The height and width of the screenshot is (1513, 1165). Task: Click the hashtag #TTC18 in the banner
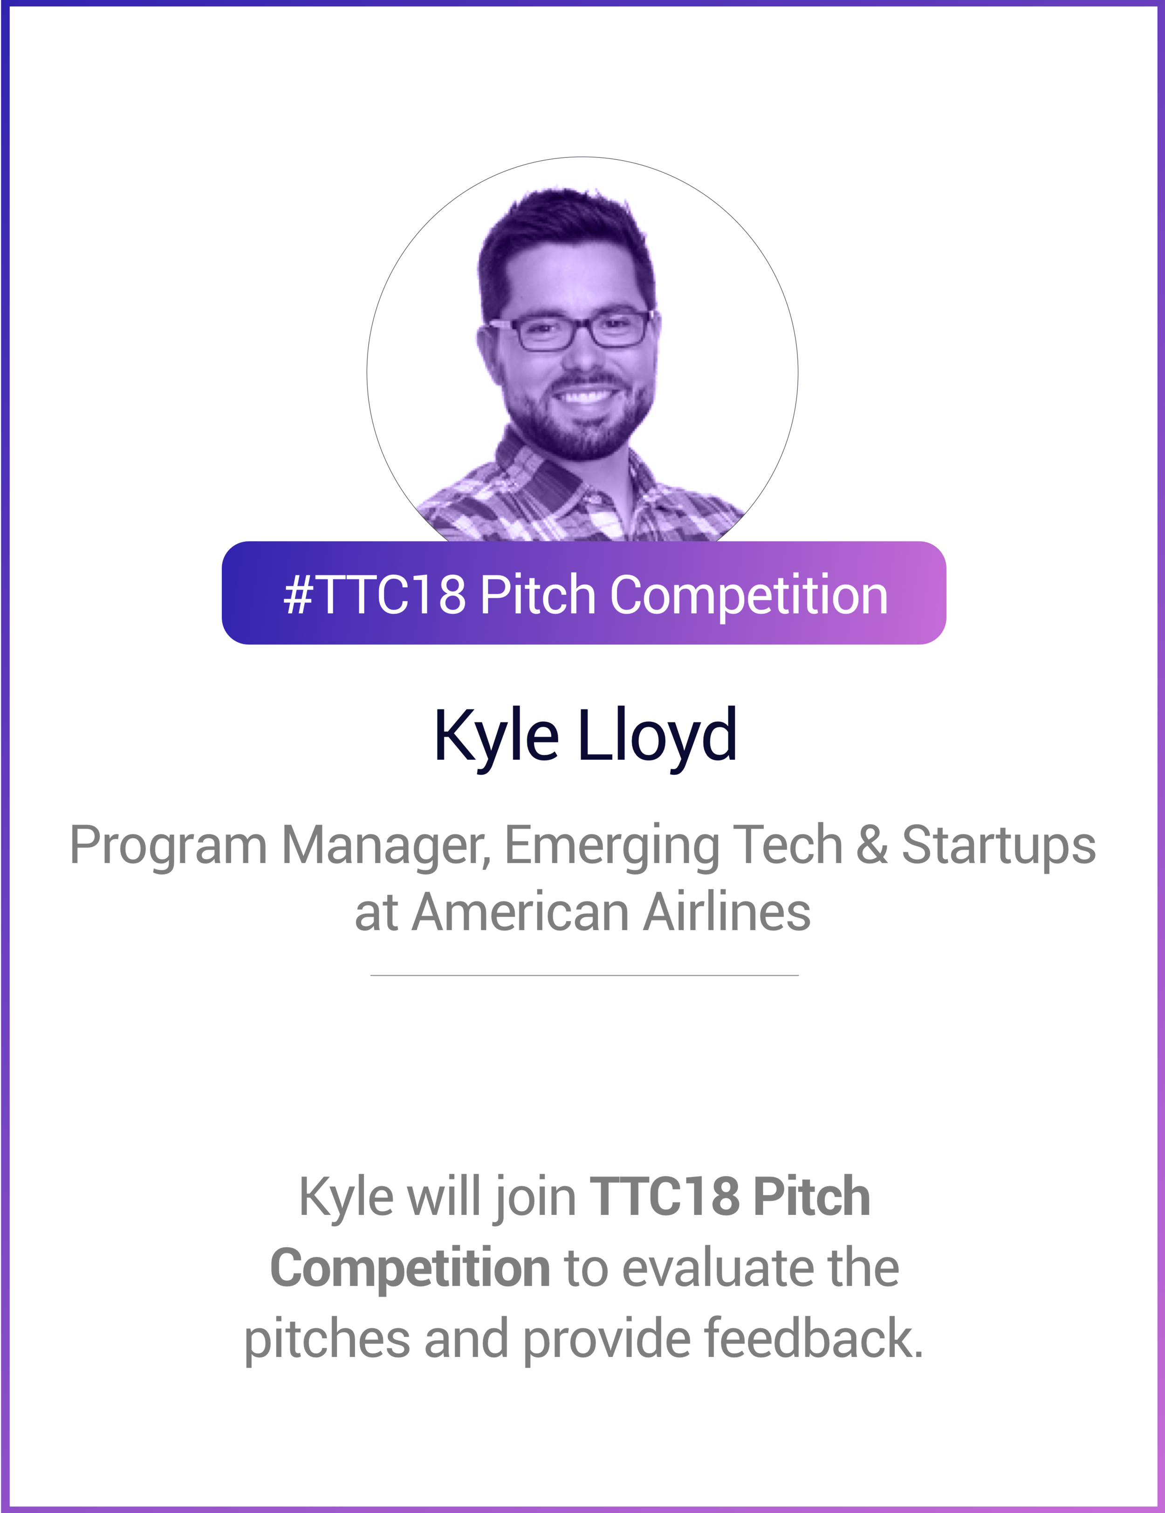374,594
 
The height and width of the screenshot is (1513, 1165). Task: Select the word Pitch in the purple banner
537,594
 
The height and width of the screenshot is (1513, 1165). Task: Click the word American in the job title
520,912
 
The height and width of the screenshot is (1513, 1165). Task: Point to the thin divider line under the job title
584,976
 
